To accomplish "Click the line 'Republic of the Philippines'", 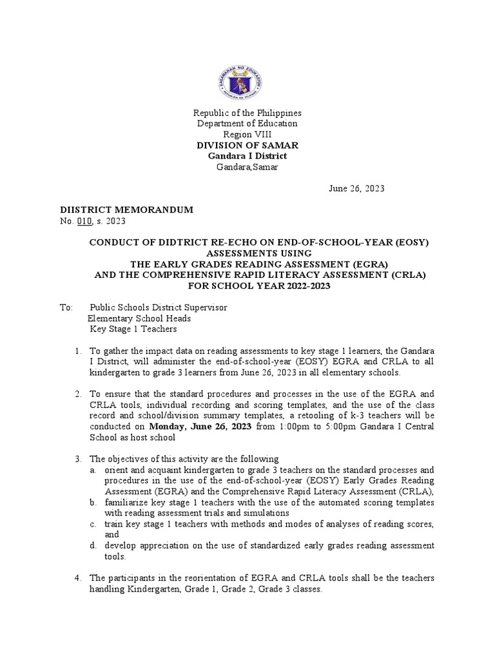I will [x=247, y=113].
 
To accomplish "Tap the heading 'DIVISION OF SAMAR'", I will [x=247, y=146].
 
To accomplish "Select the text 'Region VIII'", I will [x=247, y=134].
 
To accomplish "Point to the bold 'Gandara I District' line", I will [x=247, y=157].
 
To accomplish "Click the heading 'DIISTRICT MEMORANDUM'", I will [x=126, y=210].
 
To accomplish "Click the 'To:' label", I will [x=67, y=307].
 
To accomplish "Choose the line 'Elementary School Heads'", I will [x=139, y=318].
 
